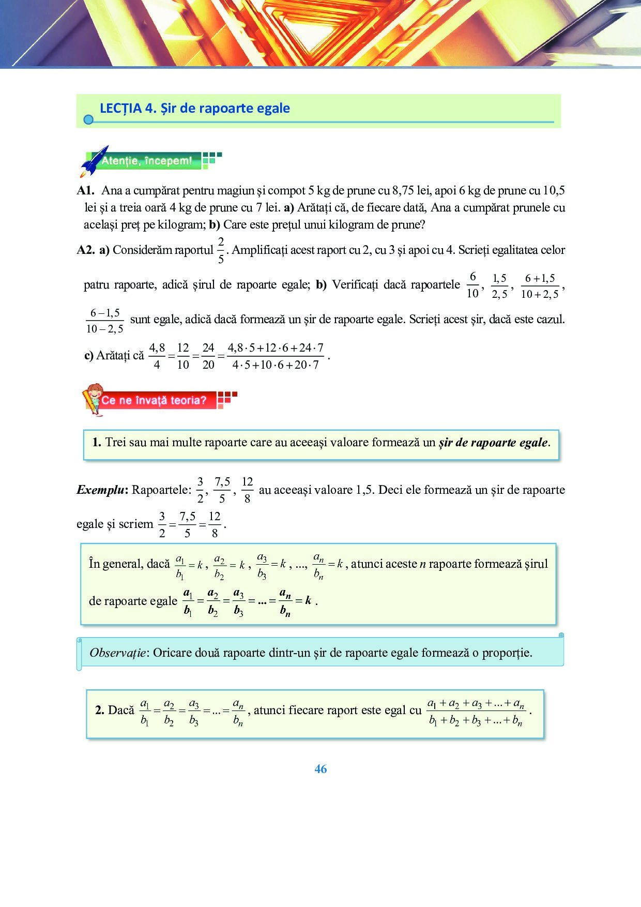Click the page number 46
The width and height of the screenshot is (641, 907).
pyautogui.click(x=320, y=769)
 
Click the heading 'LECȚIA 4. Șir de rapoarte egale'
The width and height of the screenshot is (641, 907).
pyautogui.click(x=194, y=108)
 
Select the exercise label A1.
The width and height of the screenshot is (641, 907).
pyautogui.click(x=85, y=190)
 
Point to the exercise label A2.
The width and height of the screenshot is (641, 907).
pyautogui.click(x=85, y=250)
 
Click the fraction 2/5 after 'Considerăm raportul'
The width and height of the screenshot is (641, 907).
pyautogui.click(x=221, y=250)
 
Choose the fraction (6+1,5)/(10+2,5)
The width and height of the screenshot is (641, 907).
pyautogui.click(x=540, y=286)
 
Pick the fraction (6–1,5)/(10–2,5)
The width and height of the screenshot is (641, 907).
pyautogui.click(x=105, y=321)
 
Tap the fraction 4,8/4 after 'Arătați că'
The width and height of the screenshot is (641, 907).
pyautogui.click(x=157, y=356)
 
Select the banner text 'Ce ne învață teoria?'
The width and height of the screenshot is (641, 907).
pyautogui.click(x=154, y=400)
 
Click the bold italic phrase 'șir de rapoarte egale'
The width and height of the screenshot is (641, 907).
pyautogui.click(x=493, y=443)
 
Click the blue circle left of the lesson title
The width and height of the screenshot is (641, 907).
pyautogui.click(x=88, y=120)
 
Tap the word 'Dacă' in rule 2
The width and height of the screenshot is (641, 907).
pyautogui.click(x=121, y=710)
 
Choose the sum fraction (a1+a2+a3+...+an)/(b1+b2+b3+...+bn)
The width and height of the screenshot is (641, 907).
pyautogui.click(x=476, y=712)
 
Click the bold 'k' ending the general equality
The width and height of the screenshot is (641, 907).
pyautogui.click(x=308, y=600)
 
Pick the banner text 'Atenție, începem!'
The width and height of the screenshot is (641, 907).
pyautogui.click(x=147, y=161)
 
